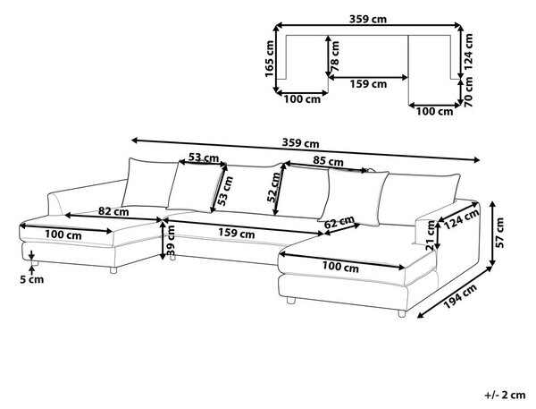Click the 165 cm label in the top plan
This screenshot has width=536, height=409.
270,58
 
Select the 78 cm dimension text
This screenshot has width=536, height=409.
335,55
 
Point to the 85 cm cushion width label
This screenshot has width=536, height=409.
328,161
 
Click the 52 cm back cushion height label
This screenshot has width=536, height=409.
274,187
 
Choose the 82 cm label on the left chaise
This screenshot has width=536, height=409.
113,211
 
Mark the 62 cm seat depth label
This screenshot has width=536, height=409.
339,222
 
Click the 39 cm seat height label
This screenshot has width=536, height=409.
171,241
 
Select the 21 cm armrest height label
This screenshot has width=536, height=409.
431,235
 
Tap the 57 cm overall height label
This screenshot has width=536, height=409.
499,233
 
